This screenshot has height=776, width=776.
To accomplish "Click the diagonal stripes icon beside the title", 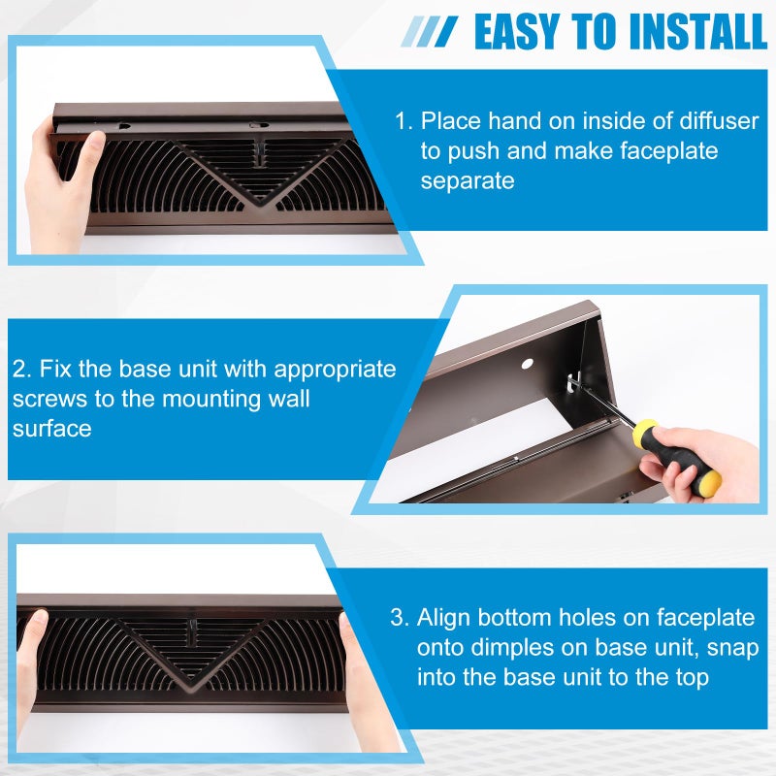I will [x=430, y=31].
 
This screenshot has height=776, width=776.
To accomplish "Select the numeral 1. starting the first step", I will [x=404, y=122].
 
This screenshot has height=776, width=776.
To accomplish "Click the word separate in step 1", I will [x=467, y=181].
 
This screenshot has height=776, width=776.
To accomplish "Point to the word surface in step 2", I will [x=51, y=428].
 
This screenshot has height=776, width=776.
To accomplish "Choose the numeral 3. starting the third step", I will [x=400, y=618].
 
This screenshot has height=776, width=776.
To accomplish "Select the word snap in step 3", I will [x=710, y=647].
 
